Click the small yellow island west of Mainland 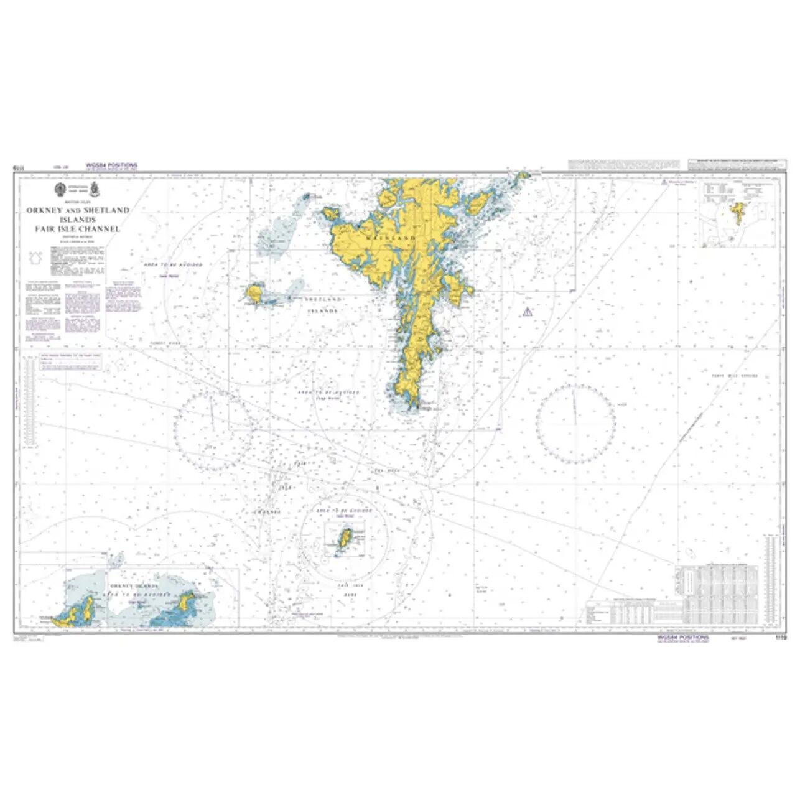254,292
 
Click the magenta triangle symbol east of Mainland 527,311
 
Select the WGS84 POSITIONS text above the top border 112,165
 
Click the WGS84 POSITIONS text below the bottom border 683,638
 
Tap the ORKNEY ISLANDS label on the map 133,587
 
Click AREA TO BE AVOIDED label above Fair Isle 343,510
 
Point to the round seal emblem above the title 60,189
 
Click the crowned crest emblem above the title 94,188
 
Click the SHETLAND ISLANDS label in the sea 323,304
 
